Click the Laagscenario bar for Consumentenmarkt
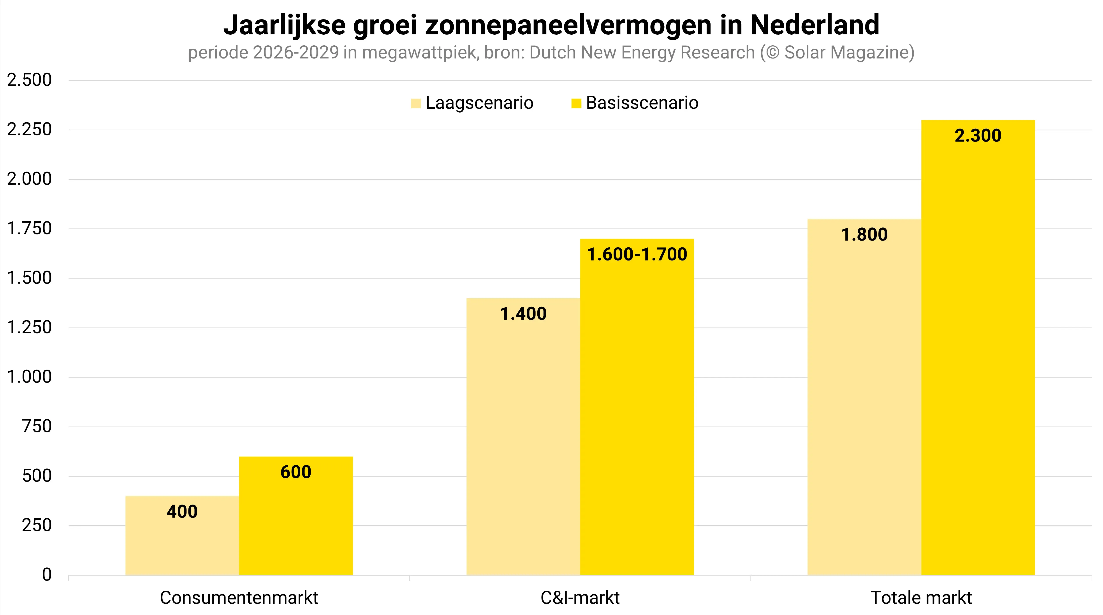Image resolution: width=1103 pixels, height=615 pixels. tap(182, 544)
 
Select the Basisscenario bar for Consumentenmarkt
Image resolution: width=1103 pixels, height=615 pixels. tap(296, 523)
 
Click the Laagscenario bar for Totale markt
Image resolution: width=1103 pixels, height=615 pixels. tap(864, 407)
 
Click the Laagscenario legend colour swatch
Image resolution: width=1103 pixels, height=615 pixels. tap(416, 103)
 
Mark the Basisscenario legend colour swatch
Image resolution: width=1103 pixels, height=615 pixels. tap(576, 103)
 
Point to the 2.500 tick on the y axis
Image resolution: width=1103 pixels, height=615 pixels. tap(29, 80)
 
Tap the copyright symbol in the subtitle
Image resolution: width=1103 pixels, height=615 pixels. tap(772, 53)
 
